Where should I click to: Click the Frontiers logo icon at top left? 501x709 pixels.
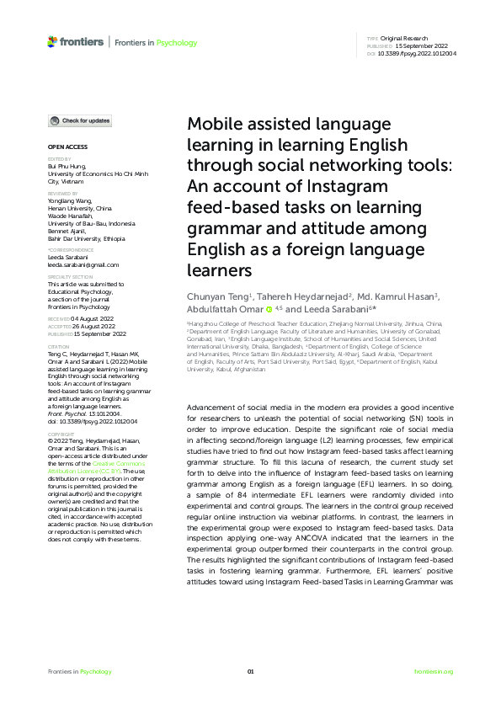[53, 41]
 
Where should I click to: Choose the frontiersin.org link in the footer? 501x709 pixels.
[434, 671]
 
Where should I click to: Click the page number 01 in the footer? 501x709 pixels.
[250, 671]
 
